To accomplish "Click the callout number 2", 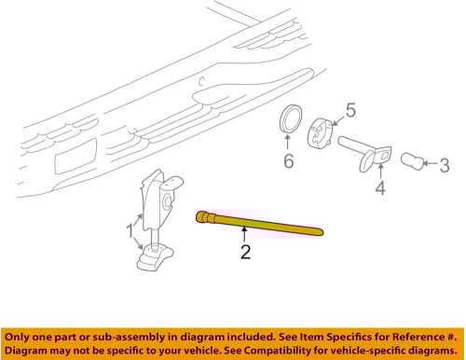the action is click(x=245, y=252).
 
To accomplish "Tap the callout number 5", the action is click(x=350, y=110).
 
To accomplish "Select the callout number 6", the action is click(x=289, y=160).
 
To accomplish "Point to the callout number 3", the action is click(x=445, y=165).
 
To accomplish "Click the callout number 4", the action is click(x=380, y=187).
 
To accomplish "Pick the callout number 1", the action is click(x=130, y=231).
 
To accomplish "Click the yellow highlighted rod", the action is click(x=260, y=223).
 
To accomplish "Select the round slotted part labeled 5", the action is click(x=321, y=133).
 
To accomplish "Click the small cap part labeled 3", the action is click(x=412, y=161).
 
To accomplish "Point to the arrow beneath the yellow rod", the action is click(x=244, y=234).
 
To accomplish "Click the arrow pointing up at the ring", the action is click(x=288, y=142).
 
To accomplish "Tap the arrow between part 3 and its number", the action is click(x=432, y=163).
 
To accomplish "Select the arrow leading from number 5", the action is click(x=337, y=120).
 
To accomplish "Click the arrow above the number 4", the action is click(x=380, y=172).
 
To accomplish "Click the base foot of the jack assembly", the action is click(x=155, y=257).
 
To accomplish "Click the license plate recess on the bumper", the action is click(x=75, y=156).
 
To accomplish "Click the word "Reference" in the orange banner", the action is click(x=417, y=337).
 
